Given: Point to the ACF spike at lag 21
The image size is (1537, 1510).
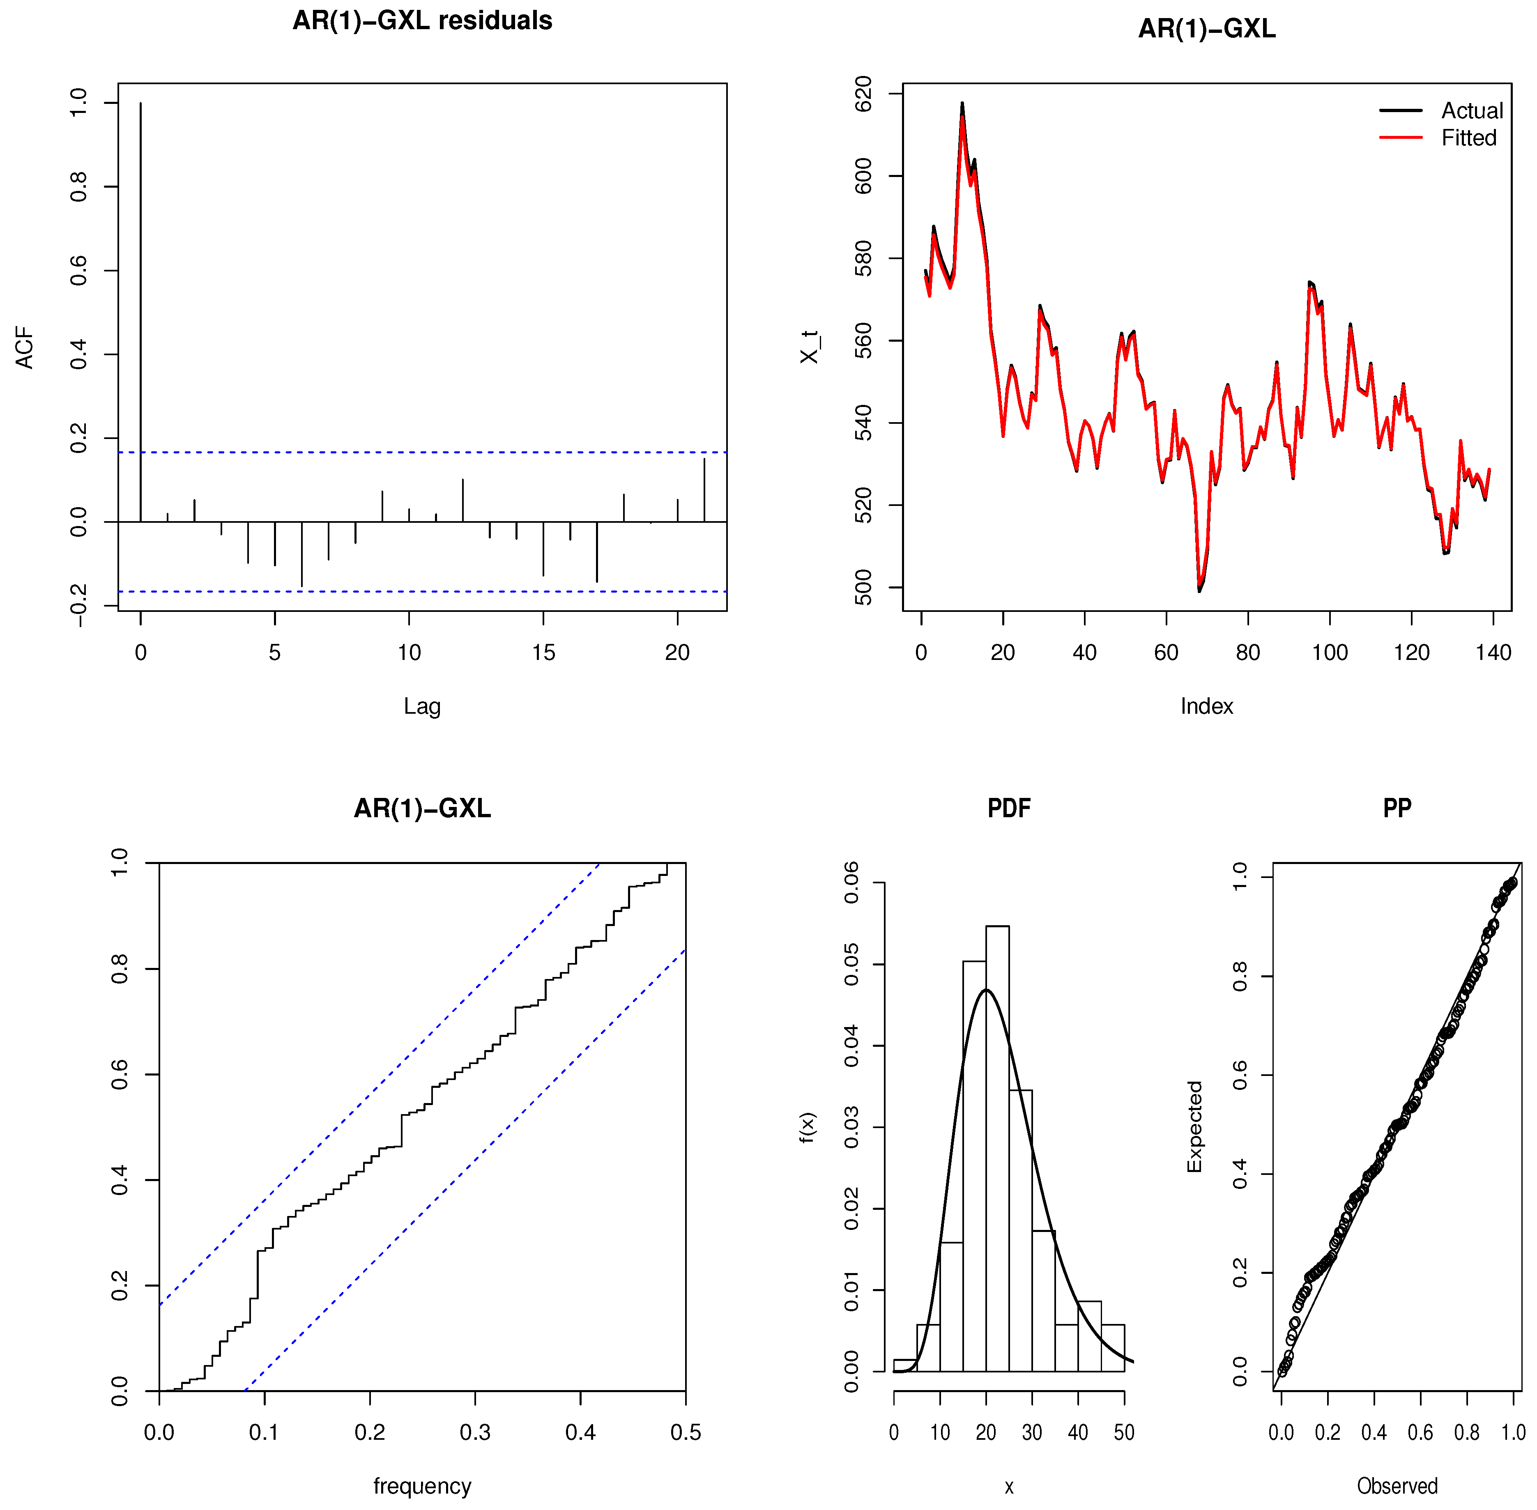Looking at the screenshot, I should click(x=704, y=490).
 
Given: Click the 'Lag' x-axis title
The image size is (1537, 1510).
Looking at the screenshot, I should click(x=422, y=706).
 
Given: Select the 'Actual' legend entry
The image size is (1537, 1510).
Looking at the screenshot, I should click(x=1471, y=111).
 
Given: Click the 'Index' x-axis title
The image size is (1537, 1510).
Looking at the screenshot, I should click(x=1206, y=706).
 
